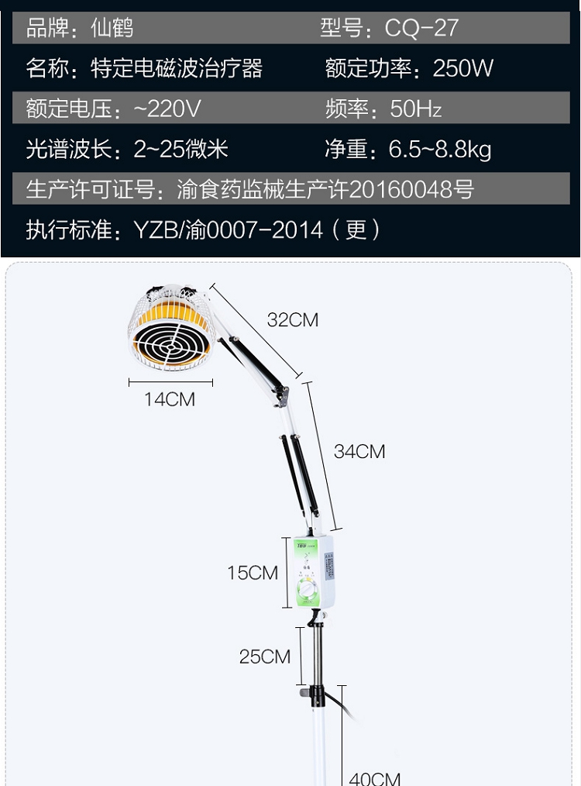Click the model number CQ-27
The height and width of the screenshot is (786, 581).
[421, 29]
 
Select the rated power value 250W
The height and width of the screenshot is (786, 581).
[463, 68]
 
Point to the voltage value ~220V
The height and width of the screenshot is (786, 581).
[167, 109]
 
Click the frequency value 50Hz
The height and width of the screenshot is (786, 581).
[416, 109]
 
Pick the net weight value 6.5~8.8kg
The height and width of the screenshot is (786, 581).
[440, 149]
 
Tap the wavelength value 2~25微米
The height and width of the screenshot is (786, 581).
[181, 149]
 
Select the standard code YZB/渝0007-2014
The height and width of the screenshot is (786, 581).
[229, 230]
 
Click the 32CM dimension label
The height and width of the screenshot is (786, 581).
[293, 319]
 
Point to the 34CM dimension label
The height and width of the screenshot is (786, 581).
[359, 451]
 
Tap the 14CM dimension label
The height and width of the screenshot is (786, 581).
[170, 400]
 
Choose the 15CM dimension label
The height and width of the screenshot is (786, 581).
[253, 573]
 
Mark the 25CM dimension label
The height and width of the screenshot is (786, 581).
[265, 657]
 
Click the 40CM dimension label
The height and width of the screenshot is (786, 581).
[374, 778]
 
